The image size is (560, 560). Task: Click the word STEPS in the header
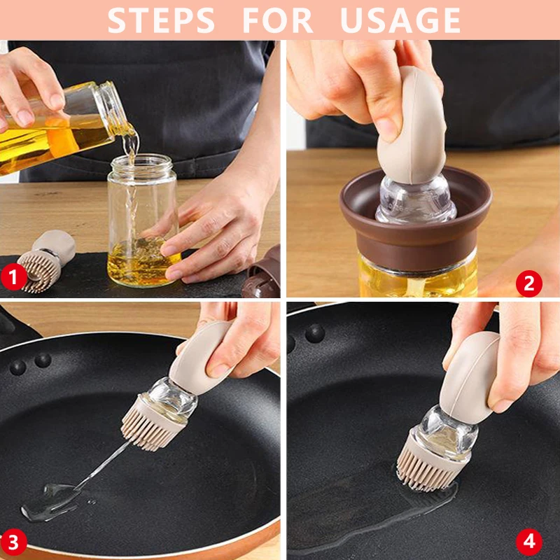[x=161, y=20]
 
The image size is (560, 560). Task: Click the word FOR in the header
[x=278, y=20]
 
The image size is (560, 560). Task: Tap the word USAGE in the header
[x=400, y=20]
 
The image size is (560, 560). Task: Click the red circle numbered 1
[x=13, y=276]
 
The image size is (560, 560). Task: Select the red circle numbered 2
[x=529, y=283]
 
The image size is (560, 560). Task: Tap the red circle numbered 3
[x=13, y=542]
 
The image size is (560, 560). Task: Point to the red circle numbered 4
[x=529, y=542]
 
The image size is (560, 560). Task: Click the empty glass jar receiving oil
[x=143, y=220]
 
